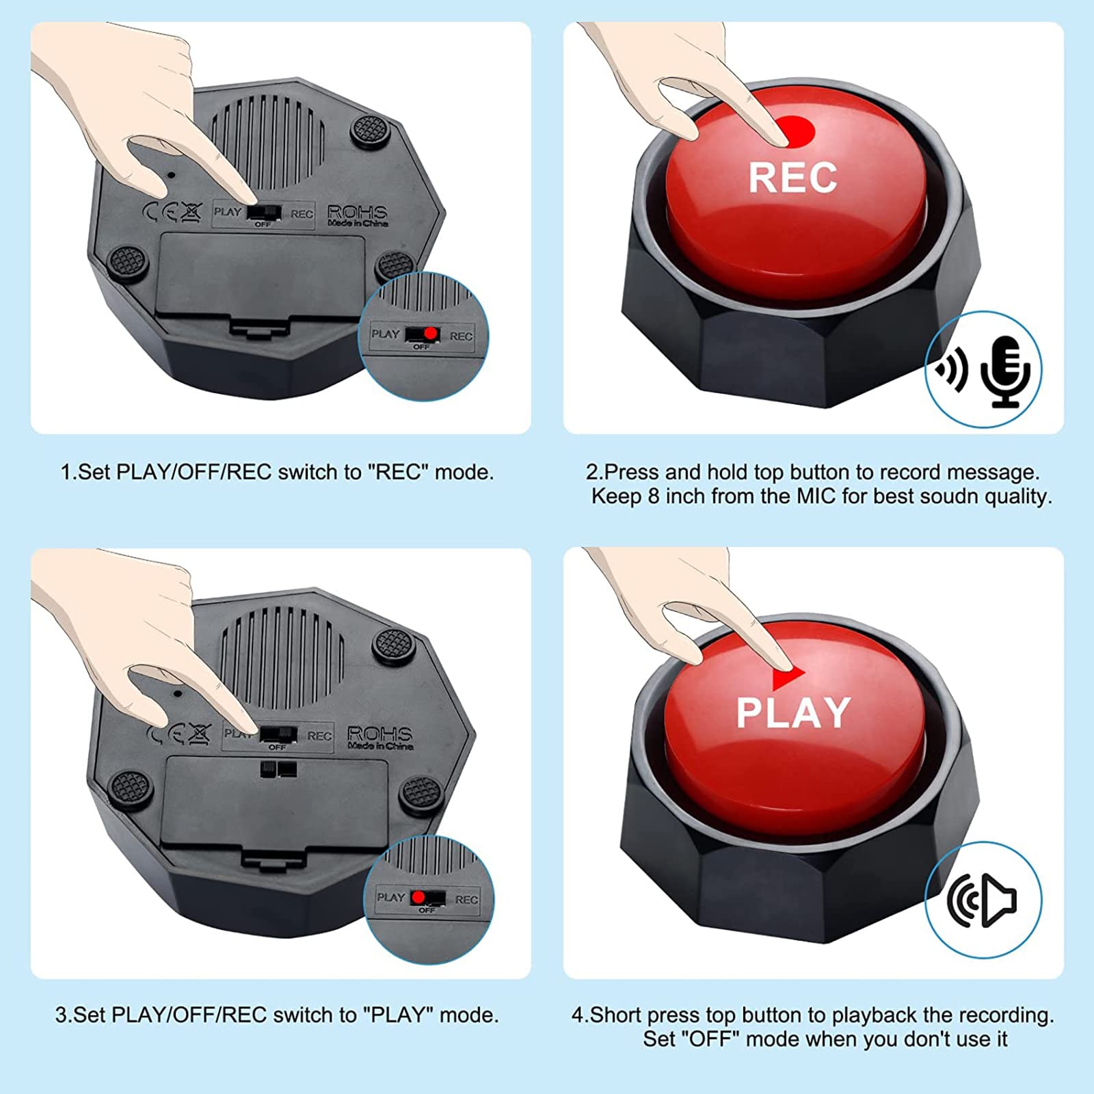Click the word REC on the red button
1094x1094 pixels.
click(792, 177)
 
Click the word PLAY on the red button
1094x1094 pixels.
click(793, 712)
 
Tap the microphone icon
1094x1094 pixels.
click(1004, 371)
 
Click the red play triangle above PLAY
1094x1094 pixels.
click(788, 677)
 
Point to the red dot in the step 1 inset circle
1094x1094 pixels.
click(430, 333)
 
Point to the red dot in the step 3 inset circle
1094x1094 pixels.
click(418, 897)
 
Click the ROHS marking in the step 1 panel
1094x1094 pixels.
click(358, 213)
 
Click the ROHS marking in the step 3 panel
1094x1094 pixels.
click(379, 734)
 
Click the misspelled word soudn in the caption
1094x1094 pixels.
click(949, 496)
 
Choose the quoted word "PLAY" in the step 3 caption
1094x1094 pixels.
click(399, 1014)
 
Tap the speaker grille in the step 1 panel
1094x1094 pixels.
click(267, 140)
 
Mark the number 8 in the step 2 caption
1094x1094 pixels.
click(654, 496)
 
